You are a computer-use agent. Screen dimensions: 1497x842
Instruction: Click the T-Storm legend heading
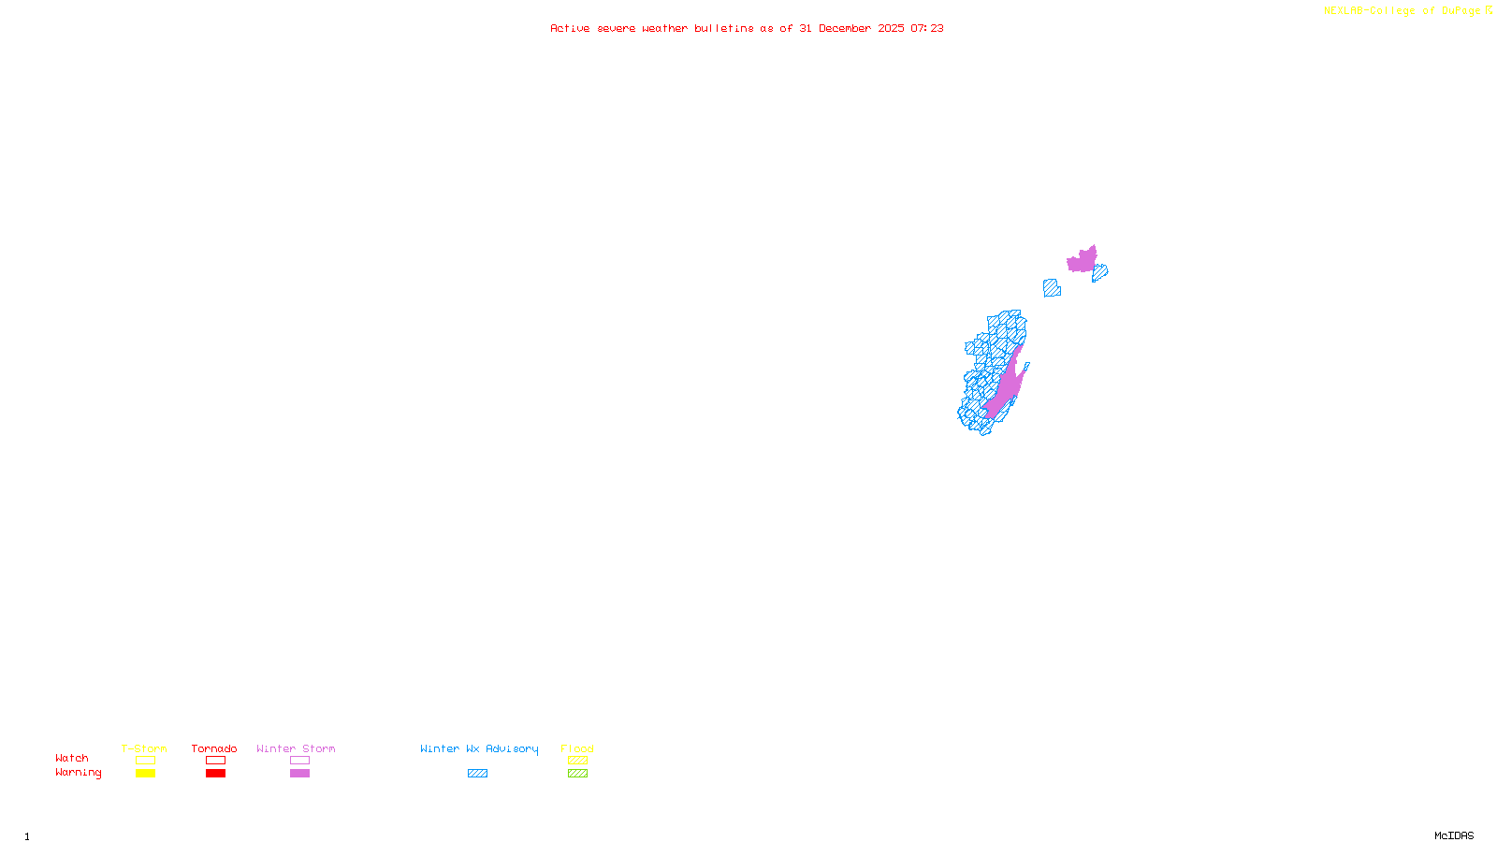point(144,748)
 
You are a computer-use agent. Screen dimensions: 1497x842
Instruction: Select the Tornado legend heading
point(214,748)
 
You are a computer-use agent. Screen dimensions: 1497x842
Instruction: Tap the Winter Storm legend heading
point(296,748)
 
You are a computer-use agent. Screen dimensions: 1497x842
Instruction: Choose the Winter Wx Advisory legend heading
point(479,748)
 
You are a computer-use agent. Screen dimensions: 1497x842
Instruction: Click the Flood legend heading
point(577,748)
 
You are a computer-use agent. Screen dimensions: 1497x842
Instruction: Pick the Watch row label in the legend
point(72,758)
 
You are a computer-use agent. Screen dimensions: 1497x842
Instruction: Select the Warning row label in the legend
point(79,773)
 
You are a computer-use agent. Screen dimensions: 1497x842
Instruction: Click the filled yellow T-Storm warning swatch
point(145,774)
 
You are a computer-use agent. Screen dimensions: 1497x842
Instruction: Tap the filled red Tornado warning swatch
point(215,774)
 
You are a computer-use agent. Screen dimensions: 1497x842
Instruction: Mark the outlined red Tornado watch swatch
point(215,761)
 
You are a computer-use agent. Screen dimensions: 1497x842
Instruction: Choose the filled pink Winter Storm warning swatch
point(299,774)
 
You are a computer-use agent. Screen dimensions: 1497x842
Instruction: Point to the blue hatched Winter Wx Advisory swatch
point(477,774)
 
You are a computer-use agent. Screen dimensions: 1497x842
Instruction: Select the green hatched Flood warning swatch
point(577,774)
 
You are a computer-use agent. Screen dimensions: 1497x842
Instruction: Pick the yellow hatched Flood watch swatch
point(577,761)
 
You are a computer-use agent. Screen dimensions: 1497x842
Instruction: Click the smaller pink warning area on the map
point(1083,260)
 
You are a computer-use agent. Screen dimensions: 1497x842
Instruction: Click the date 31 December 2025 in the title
point(851,28)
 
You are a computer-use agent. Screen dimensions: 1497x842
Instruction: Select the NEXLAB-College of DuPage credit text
point(1402,10)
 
